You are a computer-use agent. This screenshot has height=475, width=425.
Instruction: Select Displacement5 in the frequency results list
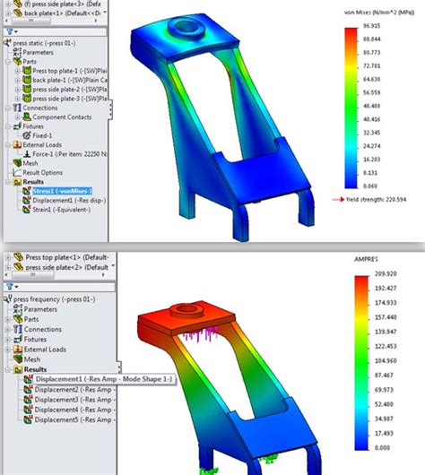(x=67, y=419)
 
